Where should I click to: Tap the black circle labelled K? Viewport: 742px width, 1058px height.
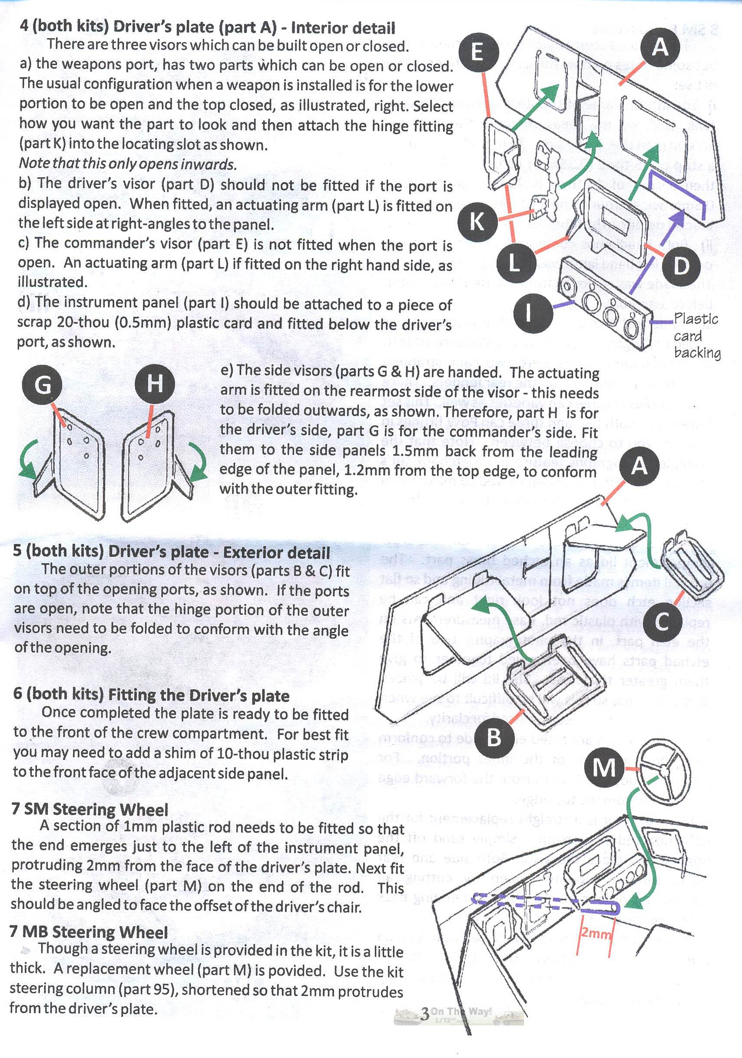click(477, 221)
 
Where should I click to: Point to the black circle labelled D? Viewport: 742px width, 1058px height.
click(681, 266)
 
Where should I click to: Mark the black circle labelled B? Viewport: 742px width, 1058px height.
click(494, 738)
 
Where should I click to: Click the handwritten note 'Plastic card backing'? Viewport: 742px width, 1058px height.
click(696, 335)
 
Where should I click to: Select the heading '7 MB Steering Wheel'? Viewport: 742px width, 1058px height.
click(89, 932)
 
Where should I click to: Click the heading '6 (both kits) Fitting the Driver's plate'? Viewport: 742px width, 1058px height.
click(151, 695)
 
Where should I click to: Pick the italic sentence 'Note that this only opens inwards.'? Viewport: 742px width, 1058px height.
click(127, 164)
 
